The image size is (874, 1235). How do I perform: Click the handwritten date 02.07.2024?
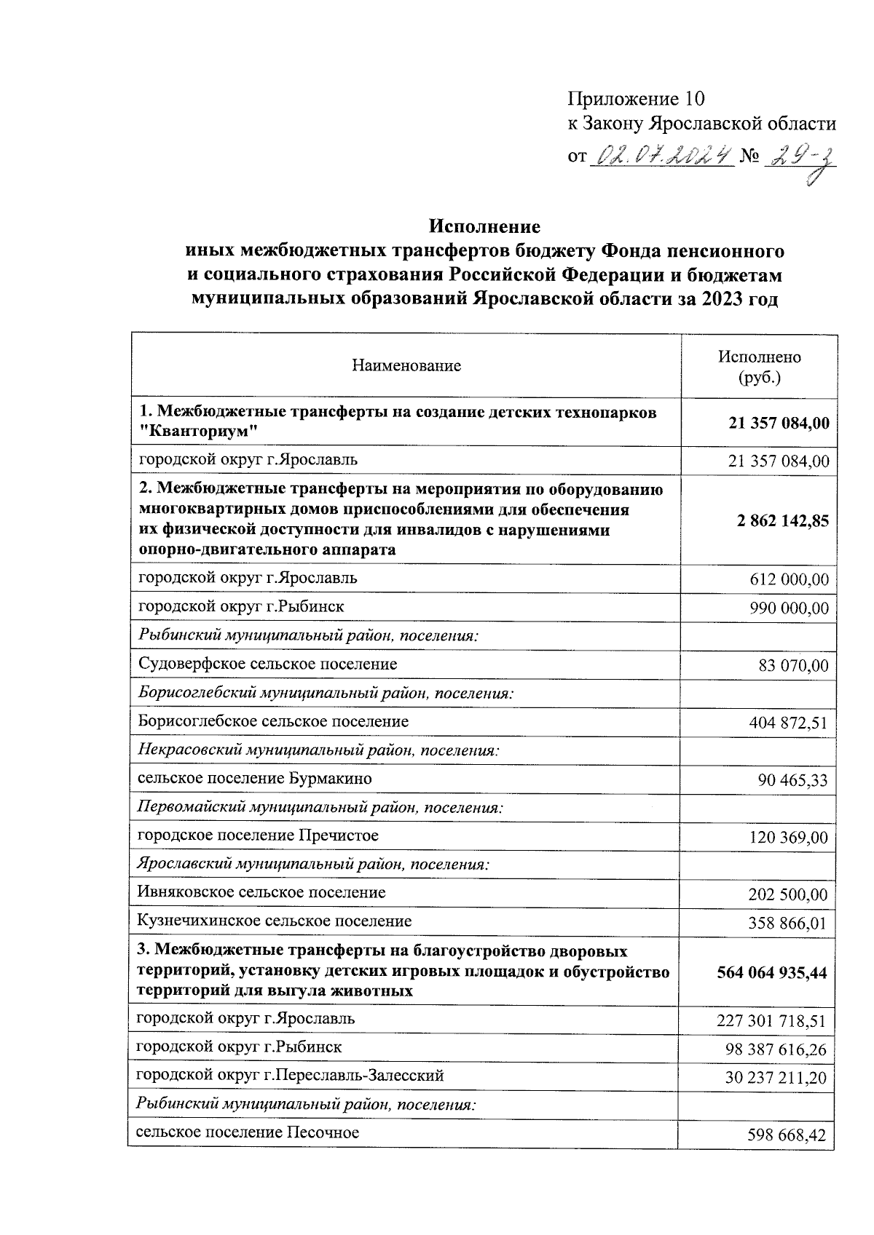[x=664, y=156]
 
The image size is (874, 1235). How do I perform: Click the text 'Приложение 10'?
[x=637, y=99]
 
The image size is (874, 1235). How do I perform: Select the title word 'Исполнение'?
[x=484, y=226]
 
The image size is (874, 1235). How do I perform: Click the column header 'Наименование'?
[x=406, y=366]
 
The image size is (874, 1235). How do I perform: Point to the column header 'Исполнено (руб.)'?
[x=759, y=367]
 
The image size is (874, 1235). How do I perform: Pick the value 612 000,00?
[x=789, y=580]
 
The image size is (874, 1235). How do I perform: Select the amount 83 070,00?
[x=793, y=666]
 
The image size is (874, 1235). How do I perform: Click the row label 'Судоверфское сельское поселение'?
[x=267, y=664]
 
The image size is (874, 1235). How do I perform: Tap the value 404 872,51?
[x=788, y=723]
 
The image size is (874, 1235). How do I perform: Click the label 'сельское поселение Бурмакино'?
[x=255, y=778]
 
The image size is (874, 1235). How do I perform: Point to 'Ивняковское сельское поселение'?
[x=261, y=892]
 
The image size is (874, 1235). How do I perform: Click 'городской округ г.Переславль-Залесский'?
[x=290, y=1075]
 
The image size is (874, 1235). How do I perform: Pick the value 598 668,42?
[x=787, y=1135]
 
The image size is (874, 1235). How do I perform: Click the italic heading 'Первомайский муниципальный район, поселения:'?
[x=320, y=807]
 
